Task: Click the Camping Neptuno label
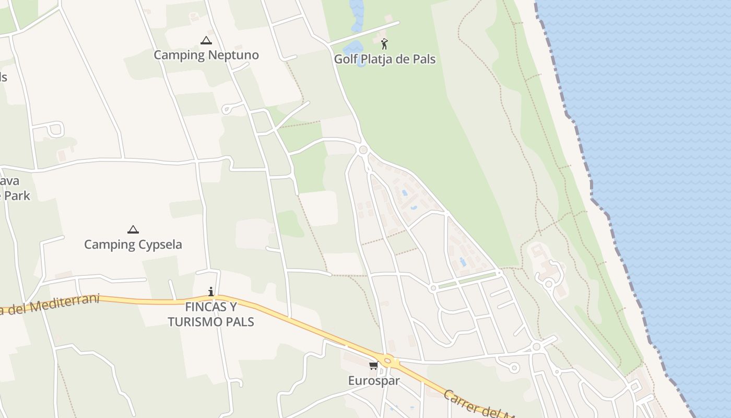coord(206,55)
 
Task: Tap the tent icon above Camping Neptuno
coord(206,40)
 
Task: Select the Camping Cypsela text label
coord(133,245)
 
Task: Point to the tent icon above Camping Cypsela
coord(133,229)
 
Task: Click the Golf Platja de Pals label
coord(384,59)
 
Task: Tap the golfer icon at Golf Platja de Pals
coord(385,44)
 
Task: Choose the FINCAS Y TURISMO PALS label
coord(211,314)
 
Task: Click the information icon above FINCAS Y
coord(211,292)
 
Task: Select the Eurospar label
coord(374,380)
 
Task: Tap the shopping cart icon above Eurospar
coord(373,365)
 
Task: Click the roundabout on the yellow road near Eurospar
coord(387,361)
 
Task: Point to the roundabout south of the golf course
coord(363,150)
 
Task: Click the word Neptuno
coord(233,55)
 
